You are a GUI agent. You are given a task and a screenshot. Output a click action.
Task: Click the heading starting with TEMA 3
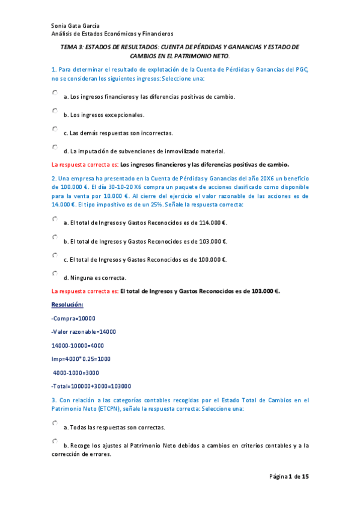point(180,47)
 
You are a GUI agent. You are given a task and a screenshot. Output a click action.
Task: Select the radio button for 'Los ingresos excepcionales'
point(55,111)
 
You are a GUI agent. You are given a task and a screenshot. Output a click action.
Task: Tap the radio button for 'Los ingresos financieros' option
point(55,93)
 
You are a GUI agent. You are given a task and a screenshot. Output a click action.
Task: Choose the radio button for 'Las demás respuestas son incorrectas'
point(55,129)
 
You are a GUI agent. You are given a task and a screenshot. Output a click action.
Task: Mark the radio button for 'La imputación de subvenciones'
point(55,147)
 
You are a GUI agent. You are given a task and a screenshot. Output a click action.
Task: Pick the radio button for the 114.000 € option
point(55,220)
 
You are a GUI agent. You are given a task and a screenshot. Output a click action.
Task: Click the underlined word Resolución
point(67,305)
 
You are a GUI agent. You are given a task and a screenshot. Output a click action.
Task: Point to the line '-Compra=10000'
point(73,318)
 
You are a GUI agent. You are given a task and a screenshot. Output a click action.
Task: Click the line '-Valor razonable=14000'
point(84,331)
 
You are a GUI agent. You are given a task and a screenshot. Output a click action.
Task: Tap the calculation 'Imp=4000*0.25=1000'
point(81,358)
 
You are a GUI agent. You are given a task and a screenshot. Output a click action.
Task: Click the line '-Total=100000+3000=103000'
point(91,386)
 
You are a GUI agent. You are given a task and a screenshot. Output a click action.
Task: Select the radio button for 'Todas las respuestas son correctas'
point(55,423)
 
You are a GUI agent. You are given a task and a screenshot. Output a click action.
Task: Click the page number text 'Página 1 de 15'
point(288,477)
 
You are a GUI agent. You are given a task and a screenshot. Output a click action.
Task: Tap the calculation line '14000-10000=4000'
point(78,345)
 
